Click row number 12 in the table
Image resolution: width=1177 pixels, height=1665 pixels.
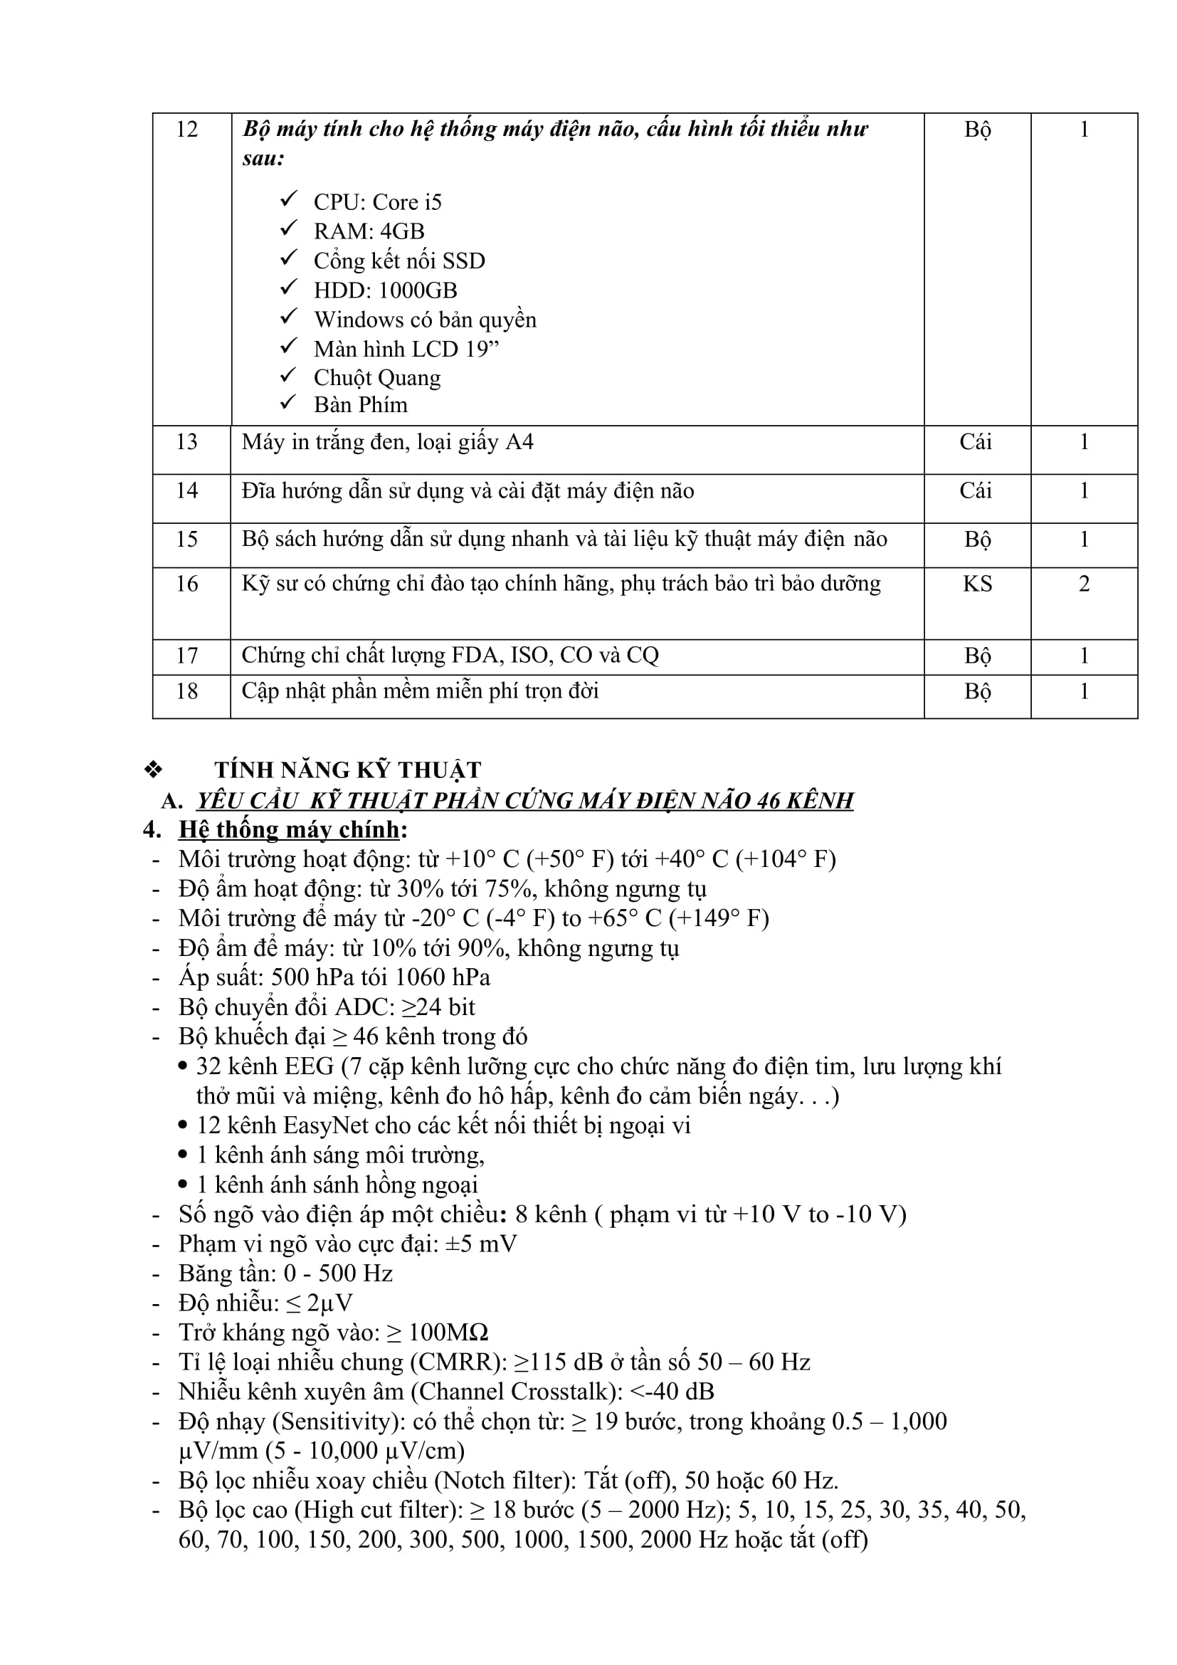(187, 130)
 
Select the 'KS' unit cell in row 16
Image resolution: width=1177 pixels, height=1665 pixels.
(977, 584)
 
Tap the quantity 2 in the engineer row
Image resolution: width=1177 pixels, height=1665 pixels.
(1084, 584)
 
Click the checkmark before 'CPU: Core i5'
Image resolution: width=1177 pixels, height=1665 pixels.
(289, 199)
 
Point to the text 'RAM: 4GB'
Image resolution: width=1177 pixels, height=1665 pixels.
(368, 231)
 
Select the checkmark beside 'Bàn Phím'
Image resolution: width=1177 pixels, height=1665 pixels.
(289, 401)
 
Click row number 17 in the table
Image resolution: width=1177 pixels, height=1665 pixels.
(187, 656)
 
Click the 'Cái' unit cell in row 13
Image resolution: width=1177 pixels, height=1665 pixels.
(976, 442)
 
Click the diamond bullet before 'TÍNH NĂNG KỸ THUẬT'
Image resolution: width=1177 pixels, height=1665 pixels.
(154, 770)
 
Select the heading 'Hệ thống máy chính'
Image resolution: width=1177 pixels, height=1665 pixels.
(289, 829)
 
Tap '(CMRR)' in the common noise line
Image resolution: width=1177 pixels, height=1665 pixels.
(459, 1362)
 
